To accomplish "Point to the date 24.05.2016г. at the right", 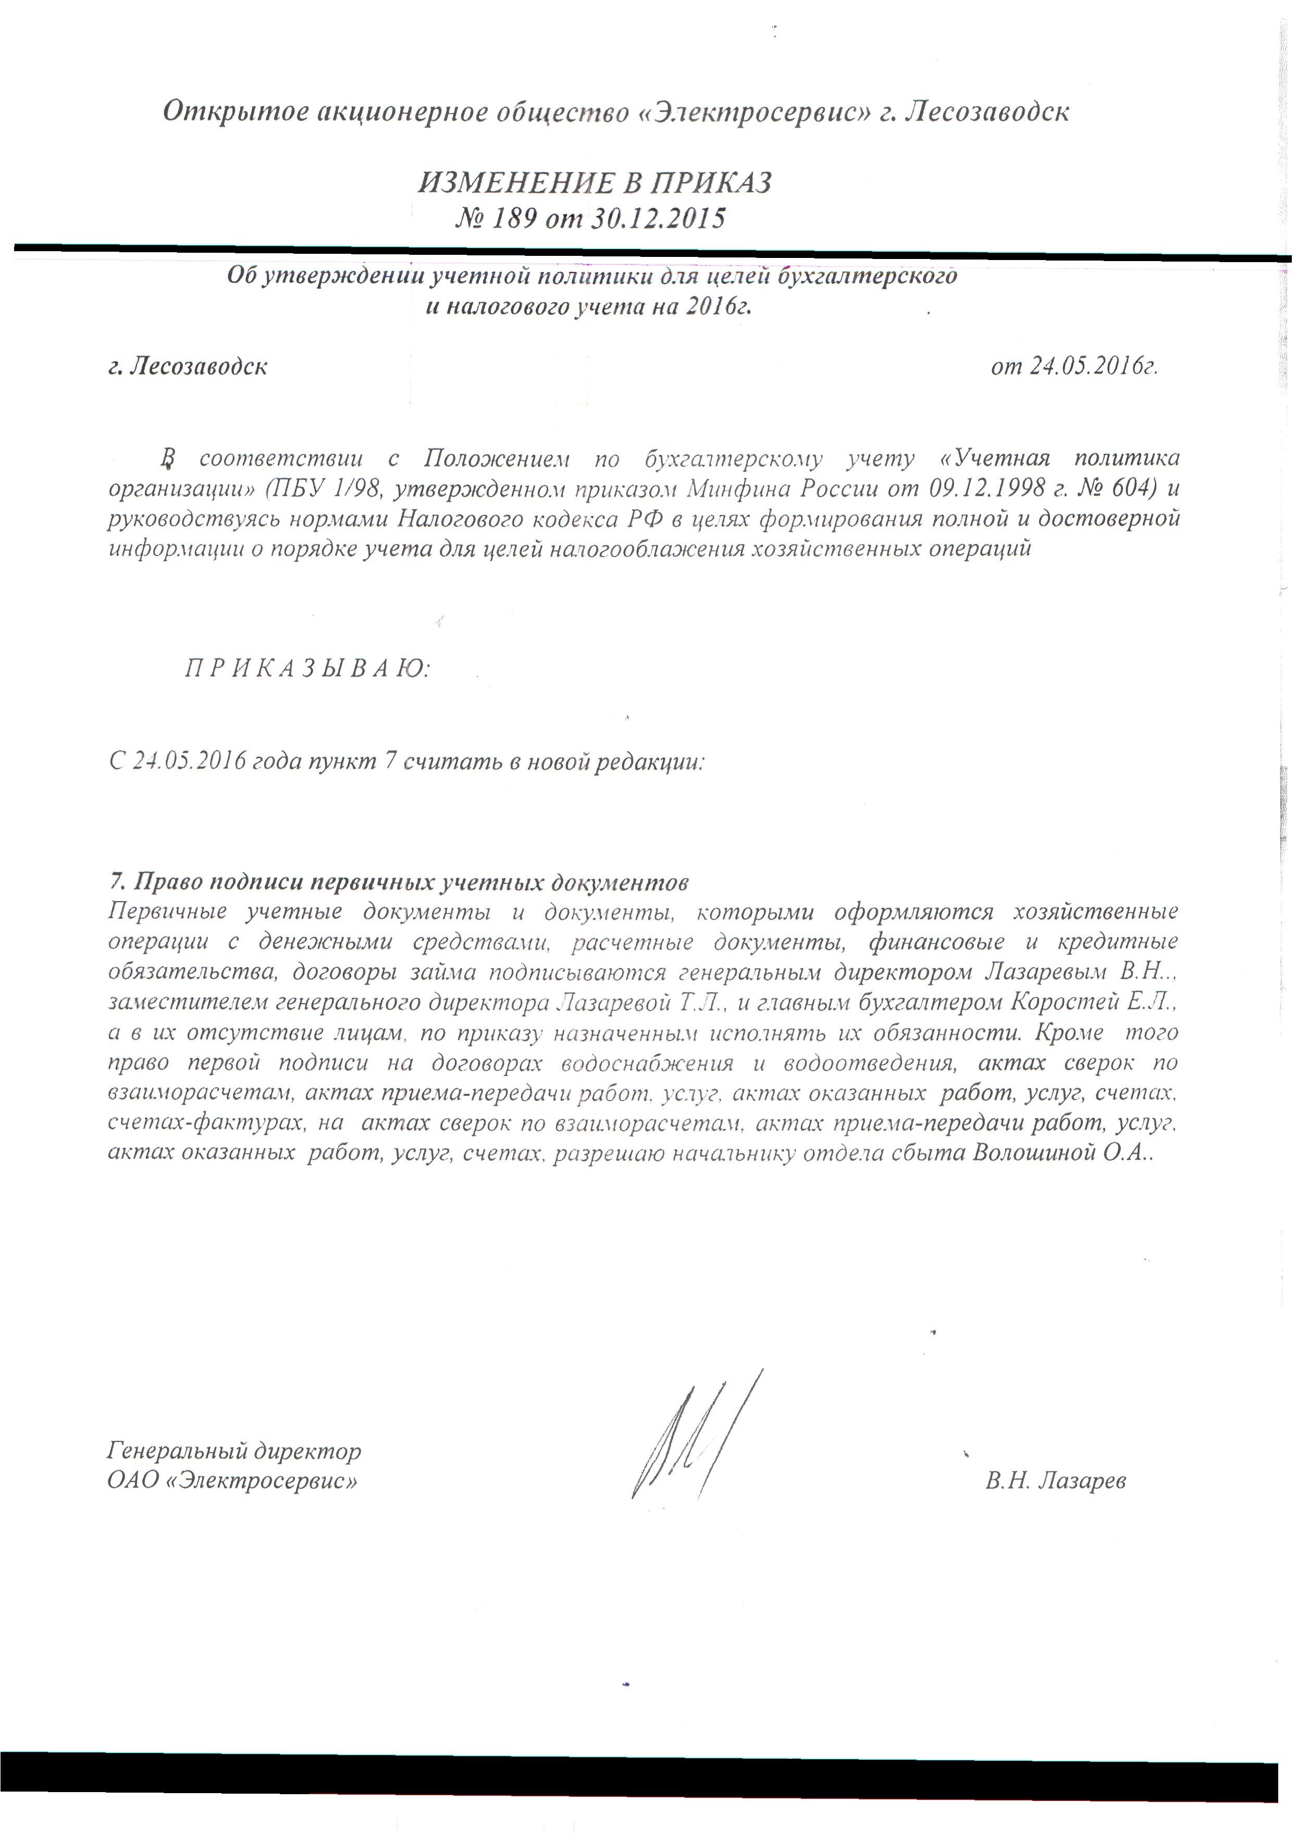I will (1075, 367).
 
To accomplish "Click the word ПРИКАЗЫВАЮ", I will (308, 669).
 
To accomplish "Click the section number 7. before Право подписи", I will (117, 882).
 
